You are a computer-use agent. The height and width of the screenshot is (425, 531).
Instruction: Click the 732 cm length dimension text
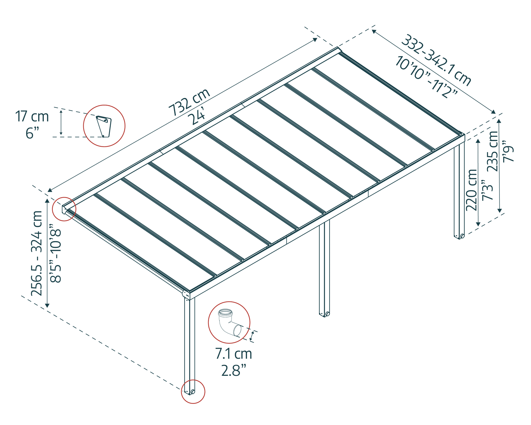[190, 102]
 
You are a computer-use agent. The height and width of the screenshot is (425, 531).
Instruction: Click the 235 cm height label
[493, 151]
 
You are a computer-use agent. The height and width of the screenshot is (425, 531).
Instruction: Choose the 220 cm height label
[471, 190]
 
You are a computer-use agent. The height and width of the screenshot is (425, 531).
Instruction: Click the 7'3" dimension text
[487, 190]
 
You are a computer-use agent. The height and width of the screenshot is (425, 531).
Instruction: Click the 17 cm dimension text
[32, 117]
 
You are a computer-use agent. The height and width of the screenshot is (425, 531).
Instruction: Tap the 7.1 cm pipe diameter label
[233, 354]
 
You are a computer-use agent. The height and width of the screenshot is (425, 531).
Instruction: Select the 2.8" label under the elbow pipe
[233, 371]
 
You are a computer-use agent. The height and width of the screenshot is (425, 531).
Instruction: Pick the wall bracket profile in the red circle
[104, 126]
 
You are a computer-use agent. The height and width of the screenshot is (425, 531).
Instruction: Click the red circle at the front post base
[193, 391]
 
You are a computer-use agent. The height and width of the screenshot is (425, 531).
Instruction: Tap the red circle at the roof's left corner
[65, 209]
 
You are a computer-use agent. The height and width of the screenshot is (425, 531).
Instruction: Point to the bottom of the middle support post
[324, 313]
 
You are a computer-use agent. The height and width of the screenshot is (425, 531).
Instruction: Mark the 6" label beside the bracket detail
[32, 133]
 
